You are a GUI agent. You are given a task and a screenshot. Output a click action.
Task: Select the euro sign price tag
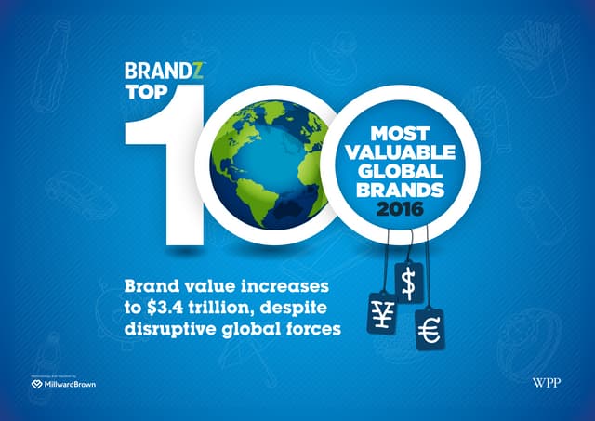pos(430,326)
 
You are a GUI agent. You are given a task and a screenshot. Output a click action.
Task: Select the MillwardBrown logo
pos(63,382)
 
